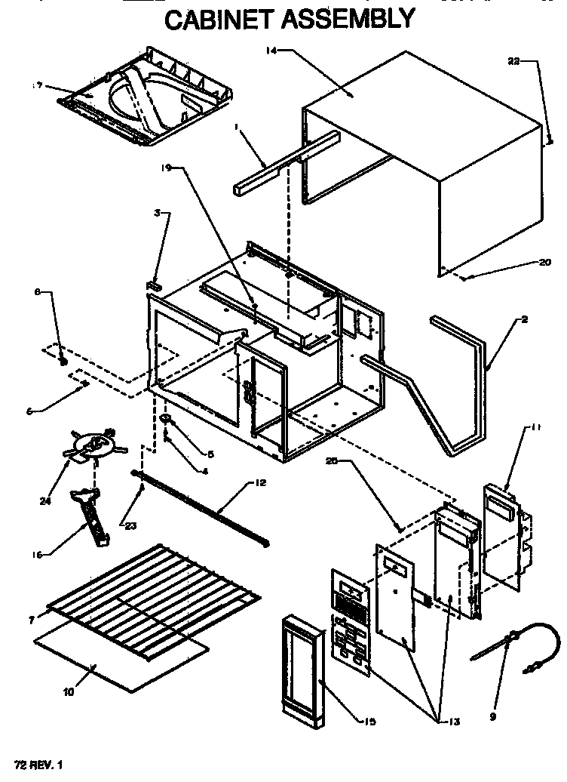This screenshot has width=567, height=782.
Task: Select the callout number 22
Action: click(513, 62)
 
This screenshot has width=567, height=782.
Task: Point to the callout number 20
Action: click(545, 263)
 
